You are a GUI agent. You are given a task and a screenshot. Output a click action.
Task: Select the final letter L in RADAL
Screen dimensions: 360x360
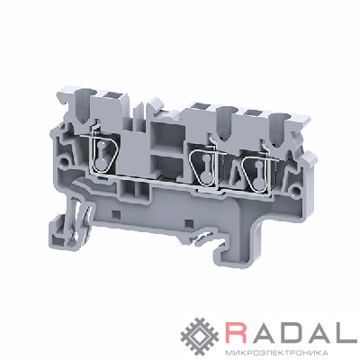[x=348, y=330]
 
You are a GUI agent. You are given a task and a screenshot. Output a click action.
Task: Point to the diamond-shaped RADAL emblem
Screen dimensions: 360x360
[x=200, y=333]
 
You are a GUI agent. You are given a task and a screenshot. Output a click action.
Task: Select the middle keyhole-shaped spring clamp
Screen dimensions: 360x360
[x=205, y=168]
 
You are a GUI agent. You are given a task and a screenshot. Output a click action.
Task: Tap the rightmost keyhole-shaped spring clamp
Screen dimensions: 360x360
[x=258, y=174]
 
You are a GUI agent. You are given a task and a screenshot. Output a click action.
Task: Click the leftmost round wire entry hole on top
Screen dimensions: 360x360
[x=85, y=97]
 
